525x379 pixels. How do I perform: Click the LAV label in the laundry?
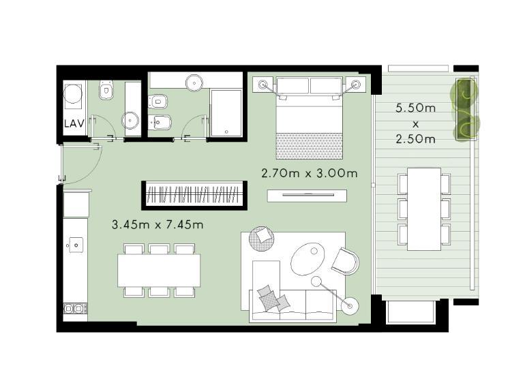[74, 123]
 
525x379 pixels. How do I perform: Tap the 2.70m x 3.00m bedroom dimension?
[309, 173]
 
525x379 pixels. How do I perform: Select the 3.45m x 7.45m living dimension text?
[157, 224]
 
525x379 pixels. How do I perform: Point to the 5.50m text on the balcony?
[415, 108]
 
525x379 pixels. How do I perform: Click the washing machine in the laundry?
[73, 95]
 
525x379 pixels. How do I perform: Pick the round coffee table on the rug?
[307, 259]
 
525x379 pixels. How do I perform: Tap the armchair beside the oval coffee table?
[346, 261]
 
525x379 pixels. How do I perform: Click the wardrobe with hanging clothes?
[194, 195]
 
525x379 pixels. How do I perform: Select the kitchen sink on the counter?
[76, 245]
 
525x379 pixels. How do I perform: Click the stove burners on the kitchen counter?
[75, 308]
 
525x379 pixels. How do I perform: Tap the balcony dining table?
[424, 209]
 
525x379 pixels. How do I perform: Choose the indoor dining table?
[159, 270]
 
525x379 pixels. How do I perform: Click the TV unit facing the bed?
[307, 196]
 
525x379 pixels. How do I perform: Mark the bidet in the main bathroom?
[160, 123]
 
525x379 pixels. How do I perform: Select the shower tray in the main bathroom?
[226, 113]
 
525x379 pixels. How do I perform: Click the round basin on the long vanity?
[194, 82]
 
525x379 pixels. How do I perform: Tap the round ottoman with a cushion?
[262, 238]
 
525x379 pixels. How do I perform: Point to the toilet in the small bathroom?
[106, 89]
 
